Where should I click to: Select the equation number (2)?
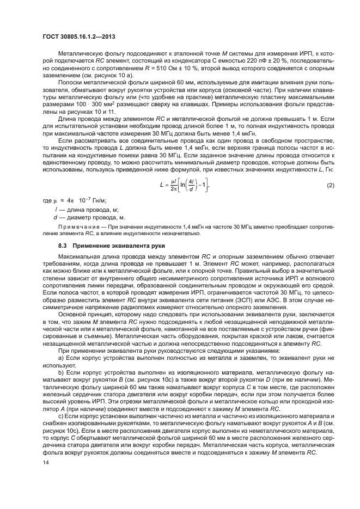pyautogui.click(x=330, y=186)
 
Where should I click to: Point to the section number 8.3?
pyautogui.click(x=63, y=246)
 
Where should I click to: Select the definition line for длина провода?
pyautogui.click(x=87, y=210)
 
